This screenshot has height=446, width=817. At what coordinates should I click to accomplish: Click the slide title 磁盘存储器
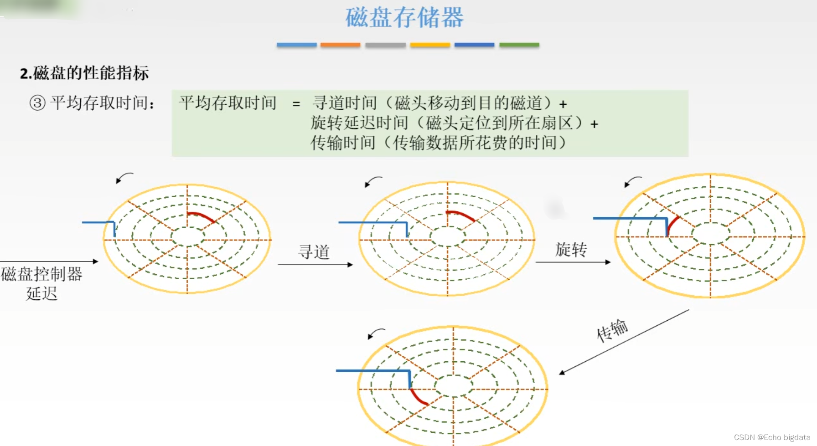(404, 18)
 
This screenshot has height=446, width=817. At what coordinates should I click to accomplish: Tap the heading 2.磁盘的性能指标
(84, 73)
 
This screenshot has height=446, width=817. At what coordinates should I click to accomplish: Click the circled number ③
(37, 103)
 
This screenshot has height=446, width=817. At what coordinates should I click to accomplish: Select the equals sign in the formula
(296, 104)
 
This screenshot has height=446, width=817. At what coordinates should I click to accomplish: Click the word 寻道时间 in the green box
(345, 103)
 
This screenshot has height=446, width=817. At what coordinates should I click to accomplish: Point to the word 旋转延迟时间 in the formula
(359, 123)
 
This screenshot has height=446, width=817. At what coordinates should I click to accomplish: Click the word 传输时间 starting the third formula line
(343, 143)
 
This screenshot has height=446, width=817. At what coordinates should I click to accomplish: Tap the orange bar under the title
(340, 45)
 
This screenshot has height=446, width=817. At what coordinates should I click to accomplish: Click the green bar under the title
(519, 45)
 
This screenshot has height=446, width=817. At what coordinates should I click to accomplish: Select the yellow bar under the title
(430, 45)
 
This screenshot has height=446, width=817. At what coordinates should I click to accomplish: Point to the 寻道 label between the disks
(314, 252)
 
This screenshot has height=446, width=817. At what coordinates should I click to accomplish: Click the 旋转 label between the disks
(571, 250)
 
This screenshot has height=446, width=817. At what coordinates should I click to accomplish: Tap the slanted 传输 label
(612, 330)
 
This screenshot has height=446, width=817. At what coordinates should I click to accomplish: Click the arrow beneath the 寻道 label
(315, 265)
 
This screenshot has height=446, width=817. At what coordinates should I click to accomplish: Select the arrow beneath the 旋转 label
(573, 262)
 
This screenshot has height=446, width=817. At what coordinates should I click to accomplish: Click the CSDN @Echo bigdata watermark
(772, 437)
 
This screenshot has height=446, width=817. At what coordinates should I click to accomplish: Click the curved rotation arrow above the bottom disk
(376, 333)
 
